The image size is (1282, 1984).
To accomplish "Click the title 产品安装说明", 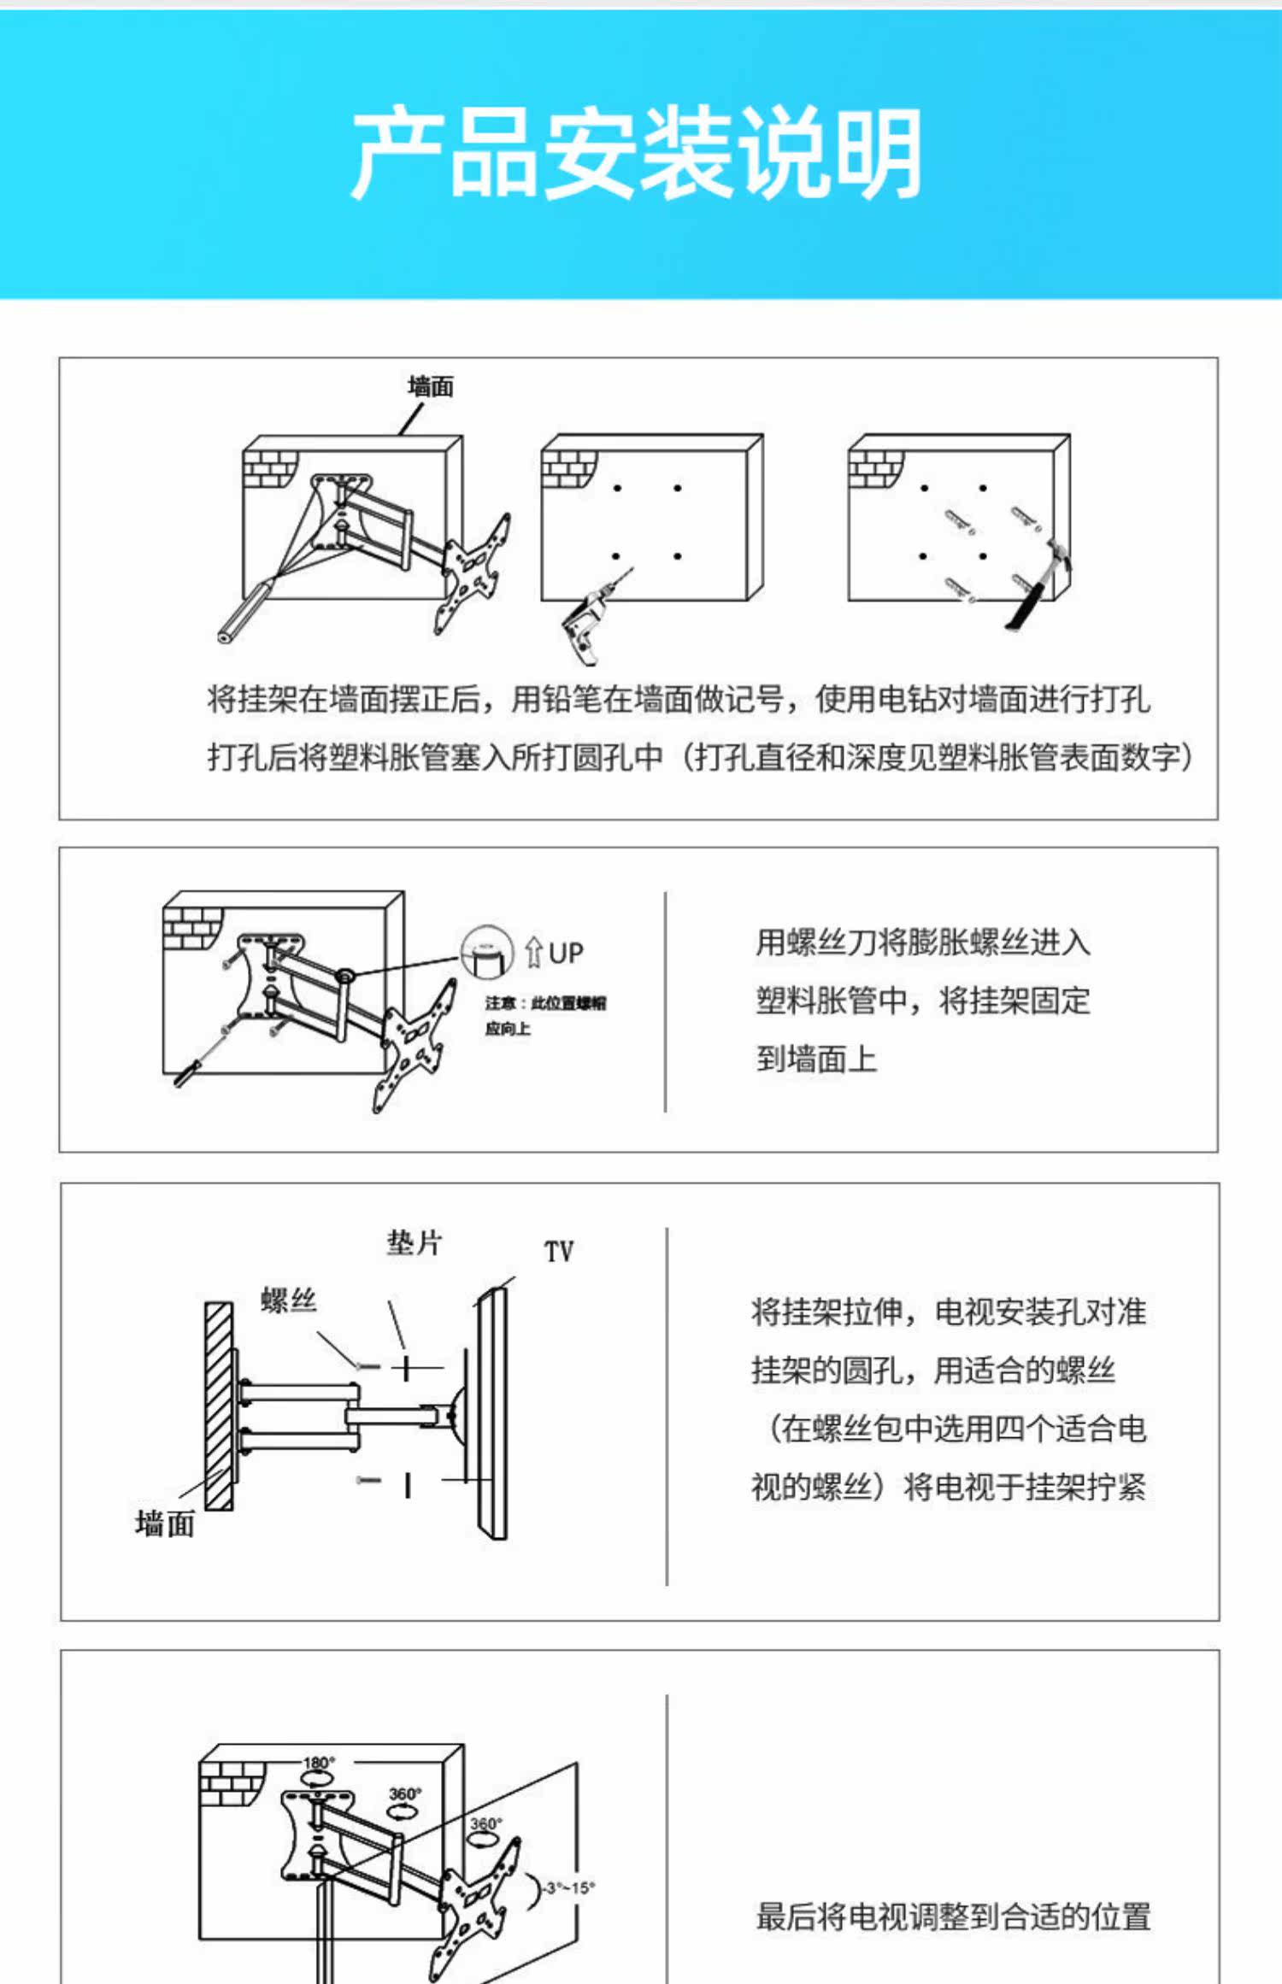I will coord(637,154).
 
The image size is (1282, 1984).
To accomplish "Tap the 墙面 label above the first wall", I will coord(431,387).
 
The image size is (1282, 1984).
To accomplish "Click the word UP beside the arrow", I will coord(566,953).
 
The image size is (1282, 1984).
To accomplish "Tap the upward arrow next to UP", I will coord(534,952).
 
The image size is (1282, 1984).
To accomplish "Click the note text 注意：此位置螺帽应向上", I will coord(545,1015).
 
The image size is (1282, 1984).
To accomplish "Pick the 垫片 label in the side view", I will coord(415,1243).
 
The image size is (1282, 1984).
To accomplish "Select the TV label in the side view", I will coord(559,1252).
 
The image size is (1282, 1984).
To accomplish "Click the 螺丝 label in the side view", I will coord(289,1300).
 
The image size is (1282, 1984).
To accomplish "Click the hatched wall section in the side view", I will coord(219,1406).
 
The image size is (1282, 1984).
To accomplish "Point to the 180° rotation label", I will coord(319,1762).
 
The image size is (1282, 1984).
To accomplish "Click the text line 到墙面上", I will coord(816,1059).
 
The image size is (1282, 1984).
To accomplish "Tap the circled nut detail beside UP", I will coord(487,951).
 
